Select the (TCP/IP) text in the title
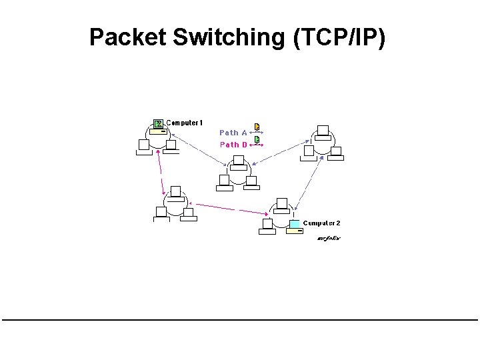click(339, 37)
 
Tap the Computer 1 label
click(185, 123)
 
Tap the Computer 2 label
click(322, 223)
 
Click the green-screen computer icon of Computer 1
click(158, 124)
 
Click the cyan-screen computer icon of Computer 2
click(295, 225)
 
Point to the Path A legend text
click(233, 133)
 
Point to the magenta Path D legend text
click(233, 144)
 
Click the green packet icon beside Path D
click(257, 139)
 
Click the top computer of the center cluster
click(239, 163)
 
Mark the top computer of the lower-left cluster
click(175, 193)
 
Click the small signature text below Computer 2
click(328, 238)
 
